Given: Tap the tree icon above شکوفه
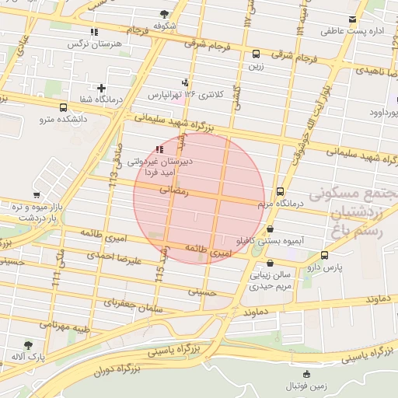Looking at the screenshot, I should (x=164, y=13).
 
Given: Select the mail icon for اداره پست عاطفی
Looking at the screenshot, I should (x=354, y=19).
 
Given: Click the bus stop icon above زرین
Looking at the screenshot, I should (x=256, y=54).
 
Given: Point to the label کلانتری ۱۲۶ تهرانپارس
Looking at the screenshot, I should (x=186, y=94).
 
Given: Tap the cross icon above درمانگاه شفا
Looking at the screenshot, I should (x=101, y=88).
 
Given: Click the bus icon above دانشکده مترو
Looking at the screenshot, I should (x=63, y=108).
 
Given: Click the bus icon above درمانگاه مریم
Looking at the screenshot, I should (x=280, y=190).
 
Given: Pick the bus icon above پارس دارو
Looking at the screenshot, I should (x=324, y=255).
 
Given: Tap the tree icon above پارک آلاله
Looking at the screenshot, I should (x=29, y=344).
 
